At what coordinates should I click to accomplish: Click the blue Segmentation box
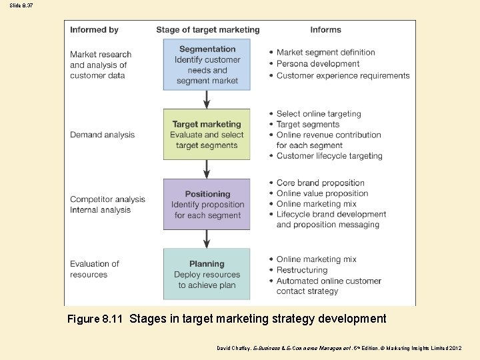[207, 65]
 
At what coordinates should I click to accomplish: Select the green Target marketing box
[207, 135]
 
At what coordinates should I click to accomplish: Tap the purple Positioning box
[207, 205]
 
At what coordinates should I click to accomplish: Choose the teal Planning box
[207, 274]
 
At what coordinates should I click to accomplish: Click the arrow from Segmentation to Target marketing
[207, 99]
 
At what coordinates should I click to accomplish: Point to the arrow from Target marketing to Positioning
[207, 169]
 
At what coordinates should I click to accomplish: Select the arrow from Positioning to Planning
[207, 239]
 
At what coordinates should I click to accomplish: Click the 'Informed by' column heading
[94, 30]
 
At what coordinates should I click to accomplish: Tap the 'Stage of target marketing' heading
[208, 30]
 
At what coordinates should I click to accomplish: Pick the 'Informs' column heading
[325, 30]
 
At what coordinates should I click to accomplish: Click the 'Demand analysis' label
[102, 135]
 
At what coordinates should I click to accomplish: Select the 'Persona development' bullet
[318, 64]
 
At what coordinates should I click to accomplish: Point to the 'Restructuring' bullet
[302, 270]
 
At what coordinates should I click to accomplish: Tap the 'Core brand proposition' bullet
[321, 183]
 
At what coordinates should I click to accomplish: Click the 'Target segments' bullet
[308, 124]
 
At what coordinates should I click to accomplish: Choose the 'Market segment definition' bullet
[326, 53]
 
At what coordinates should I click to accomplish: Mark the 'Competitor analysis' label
[107, 199]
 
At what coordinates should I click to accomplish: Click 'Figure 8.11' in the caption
[95, 319]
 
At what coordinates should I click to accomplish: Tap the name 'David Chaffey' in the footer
[234, 348]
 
